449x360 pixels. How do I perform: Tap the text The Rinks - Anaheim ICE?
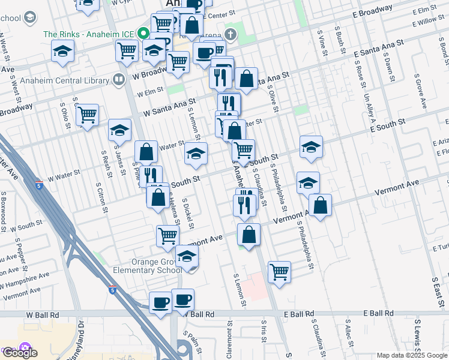pyautogui.click(x=88, y=34)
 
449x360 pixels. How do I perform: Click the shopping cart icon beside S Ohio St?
pyautogui.click(x=88, y=114)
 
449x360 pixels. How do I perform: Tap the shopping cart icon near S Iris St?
pyautogui.click(x=279, y=272)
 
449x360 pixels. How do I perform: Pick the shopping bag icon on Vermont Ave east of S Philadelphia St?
pyautogui.click(x=321, y=206)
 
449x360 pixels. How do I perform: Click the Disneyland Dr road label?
pyautogui.click(x=81, y=339)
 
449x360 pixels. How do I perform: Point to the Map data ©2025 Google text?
pyautogui.click(x=412, y=355)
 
